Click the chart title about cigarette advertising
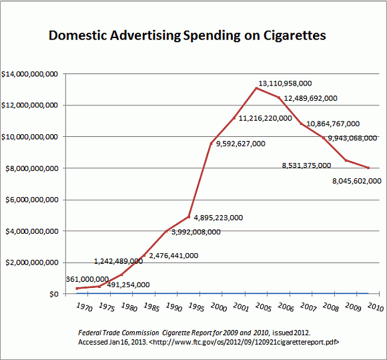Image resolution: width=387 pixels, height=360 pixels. coord(187,35)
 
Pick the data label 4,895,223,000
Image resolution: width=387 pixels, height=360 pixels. coord(218,217)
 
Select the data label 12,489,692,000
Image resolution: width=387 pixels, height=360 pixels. coord(310,98)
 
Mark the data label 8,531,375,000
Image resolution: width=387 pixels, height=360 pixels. coord(306,165)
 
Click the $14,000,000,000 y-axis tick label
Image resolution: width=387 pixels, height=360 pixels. coord(29,73)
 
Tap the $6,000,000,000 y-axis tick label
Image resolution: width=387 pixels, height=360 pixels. coord(31,200)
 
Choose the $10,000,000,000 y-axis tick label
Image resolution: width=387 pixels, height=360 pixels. coord(29,137)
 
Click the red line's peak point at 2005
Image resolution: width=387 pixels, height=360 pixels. coord(256,88)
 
